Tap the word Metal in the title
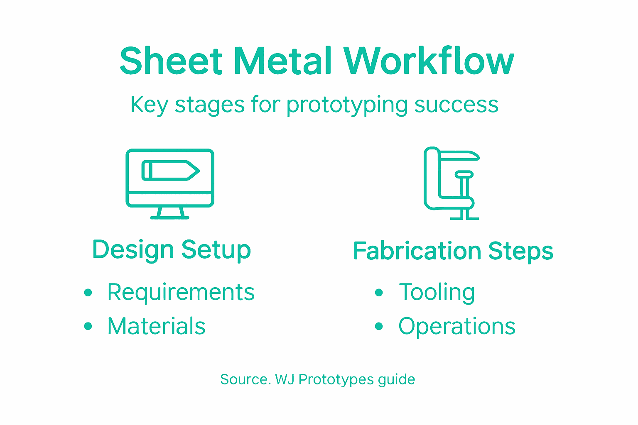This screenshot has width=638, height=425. click(283, 61)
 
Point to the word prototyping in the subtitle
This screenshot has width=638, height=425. click(347, 105)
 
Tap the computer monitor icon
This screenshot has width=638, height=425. click(170, 183)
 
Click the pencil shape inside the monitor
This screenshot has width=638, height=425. click(170, 171)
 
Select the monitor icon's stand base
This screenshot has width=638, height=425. click(169, 216)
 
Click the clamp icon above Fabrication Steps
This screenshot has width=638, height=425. click(452, 183)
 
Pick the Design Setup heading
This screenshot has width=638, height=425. click(172, 250)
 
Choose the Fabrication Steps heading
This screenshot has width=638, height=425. click(453, 251)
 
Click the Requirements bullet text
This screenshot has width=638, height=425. click(181, 292)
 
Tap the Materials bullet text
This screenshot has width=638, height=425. click(156, 326)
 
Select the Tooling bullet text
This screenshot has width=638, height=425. click(437, 292)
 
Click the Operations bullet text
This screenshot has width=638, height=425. click(457, 326)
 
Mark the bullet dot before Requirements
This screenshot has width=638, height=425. click(88, 293)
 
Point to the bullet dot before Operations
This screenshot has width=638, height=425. click(378, 327)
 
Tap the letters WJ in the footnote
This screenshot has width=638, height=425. click(285, 379)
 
